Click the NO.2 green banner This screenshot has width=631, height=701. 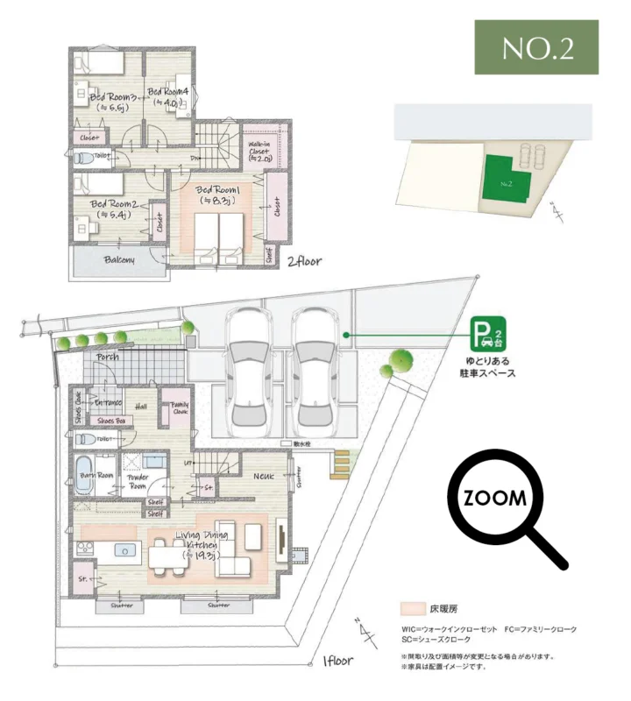point(536,48)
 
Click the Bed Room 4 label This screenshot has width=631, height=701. point(168,96)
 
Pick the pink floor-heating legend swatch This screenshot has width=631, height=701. point(412,609)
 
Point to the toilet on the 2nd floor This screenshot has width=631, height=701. point(81,159)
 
